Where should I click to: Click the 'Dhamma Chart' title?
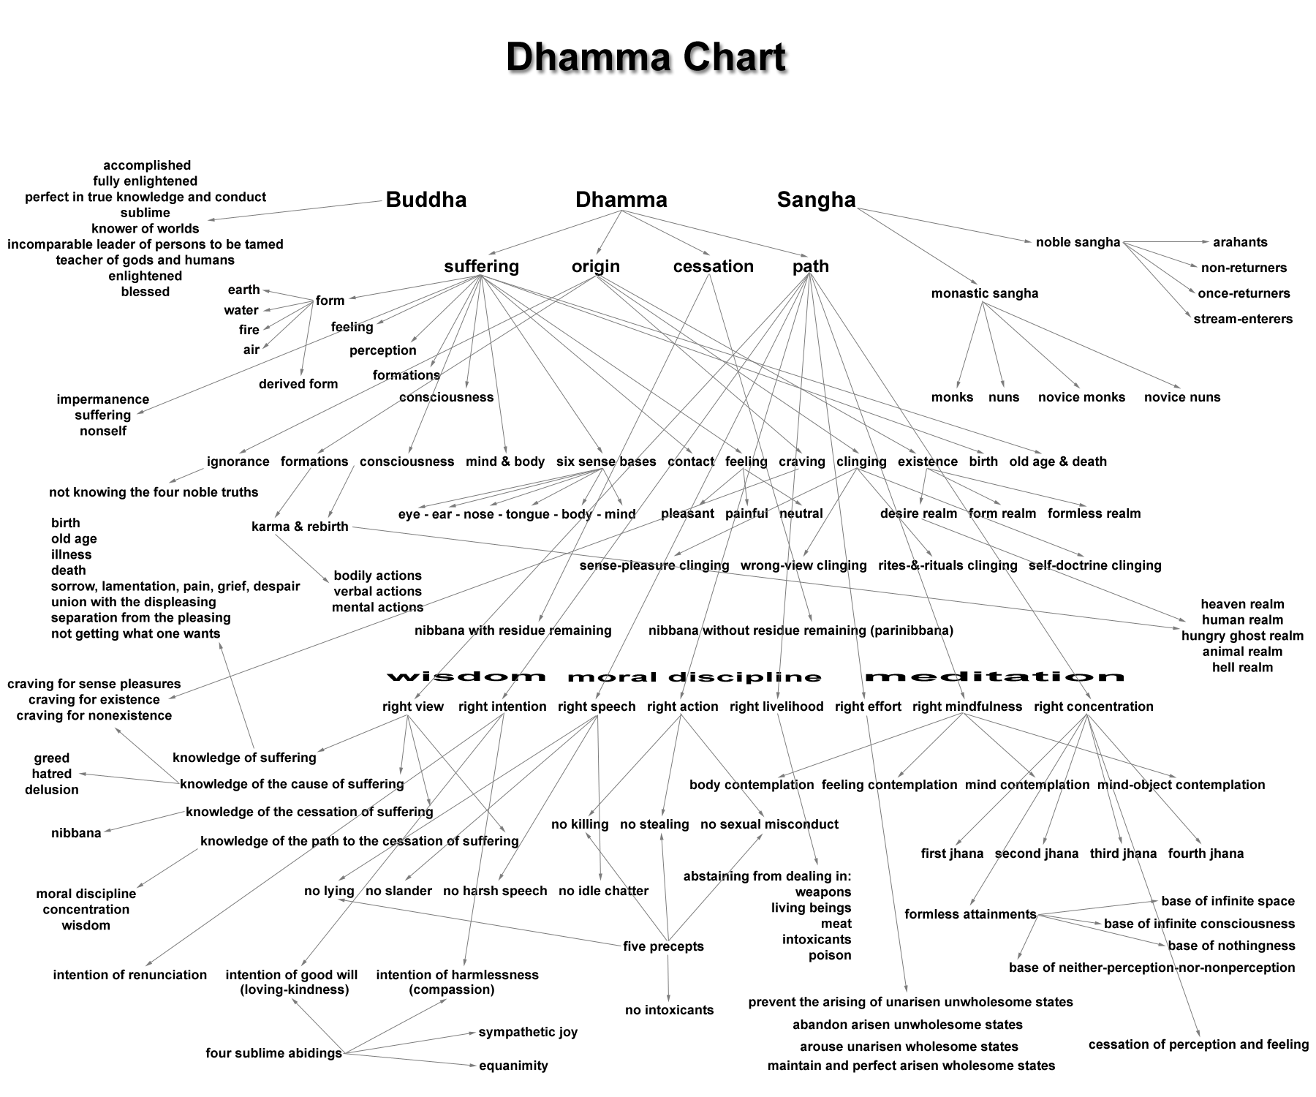click(x=646, y=57)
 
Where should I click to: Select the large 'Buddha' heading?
click(x=426, y=200)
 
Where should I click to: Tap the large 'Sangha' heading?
click(x=816, y=200)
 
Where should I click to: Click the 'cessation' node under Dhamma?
click(x=713, y=266)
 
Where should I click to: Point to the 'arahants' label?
click(x=1240, y=242)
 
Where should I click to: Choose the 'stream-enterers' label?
click(x=1243, y=319)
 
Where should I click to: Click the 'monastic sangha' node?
click(x=984, y=293)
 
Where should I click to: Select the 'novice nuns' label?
click(x=1182, y=397)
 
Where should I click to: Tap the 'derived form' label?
click(x=298, y=384)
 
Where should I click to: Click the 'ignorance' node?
click(x=238, y=461)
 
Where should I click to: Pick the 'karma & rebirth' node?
click(x=300, y=527)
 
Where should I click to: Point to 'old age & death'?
click(x=1058, y=461)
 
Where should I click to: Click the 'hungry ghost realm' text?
click(x=1242, y=636)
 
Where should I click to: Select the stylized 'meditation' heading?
click(x=994, y=676)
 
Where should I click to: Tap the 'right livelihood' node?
click(x=776, y=706)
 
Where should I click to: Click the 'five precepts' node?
click(x=663, y=946)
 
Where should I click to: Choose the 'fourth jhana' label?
click(x=1206, y=853)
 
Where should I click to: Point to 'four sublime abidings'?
click(x=273, y=1053)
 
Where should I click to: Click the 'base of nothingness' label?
click(x=1231, y=946)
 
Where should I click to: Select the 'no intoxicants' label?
click(x=669, y=1010)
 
